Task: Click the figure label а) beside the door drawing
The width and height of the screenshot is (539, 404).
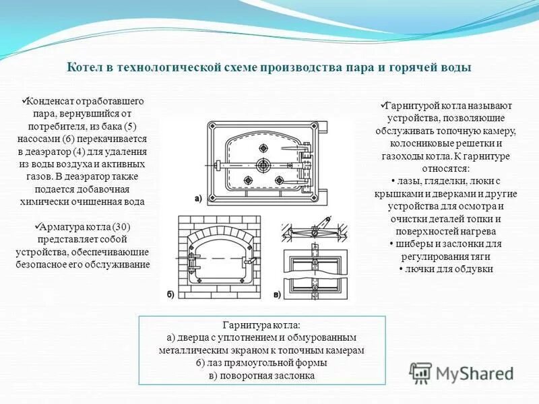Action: pyautogui.click(x=197, y=198)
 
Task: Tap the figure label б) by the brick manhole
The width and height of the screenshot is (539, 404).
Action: pyautogui.click(x=170, y=294)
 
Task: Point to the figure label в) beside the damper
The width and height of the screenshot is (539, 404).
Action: pyautogui.click(x=277, y=294)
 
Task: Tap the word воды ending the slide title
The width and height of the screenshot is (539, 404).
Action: pyautogui.click(x=456, y=67)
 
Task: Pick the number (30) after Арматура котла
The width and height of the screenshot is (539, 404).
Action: pyautogui.click(x=110, y=227)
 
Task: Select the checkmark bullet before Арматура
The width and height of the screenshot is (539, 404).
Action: pyautogui.click(x=38, y=226)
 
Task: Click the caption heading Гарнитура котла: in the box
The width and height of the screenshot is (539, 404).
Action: pyautogui.click(x=263, y=325)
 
